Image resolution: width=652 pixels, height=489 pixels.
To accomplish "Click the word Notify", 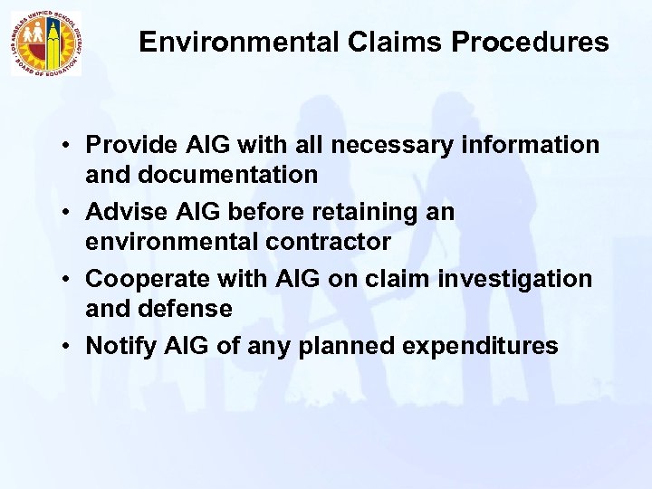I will coord(116,345).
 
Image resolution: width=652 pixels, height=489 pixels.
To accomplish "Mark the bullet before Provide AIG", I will coord(70,147).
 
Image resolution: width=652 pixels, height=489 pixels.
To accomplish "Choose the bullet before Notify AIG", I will coord(70,346).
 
